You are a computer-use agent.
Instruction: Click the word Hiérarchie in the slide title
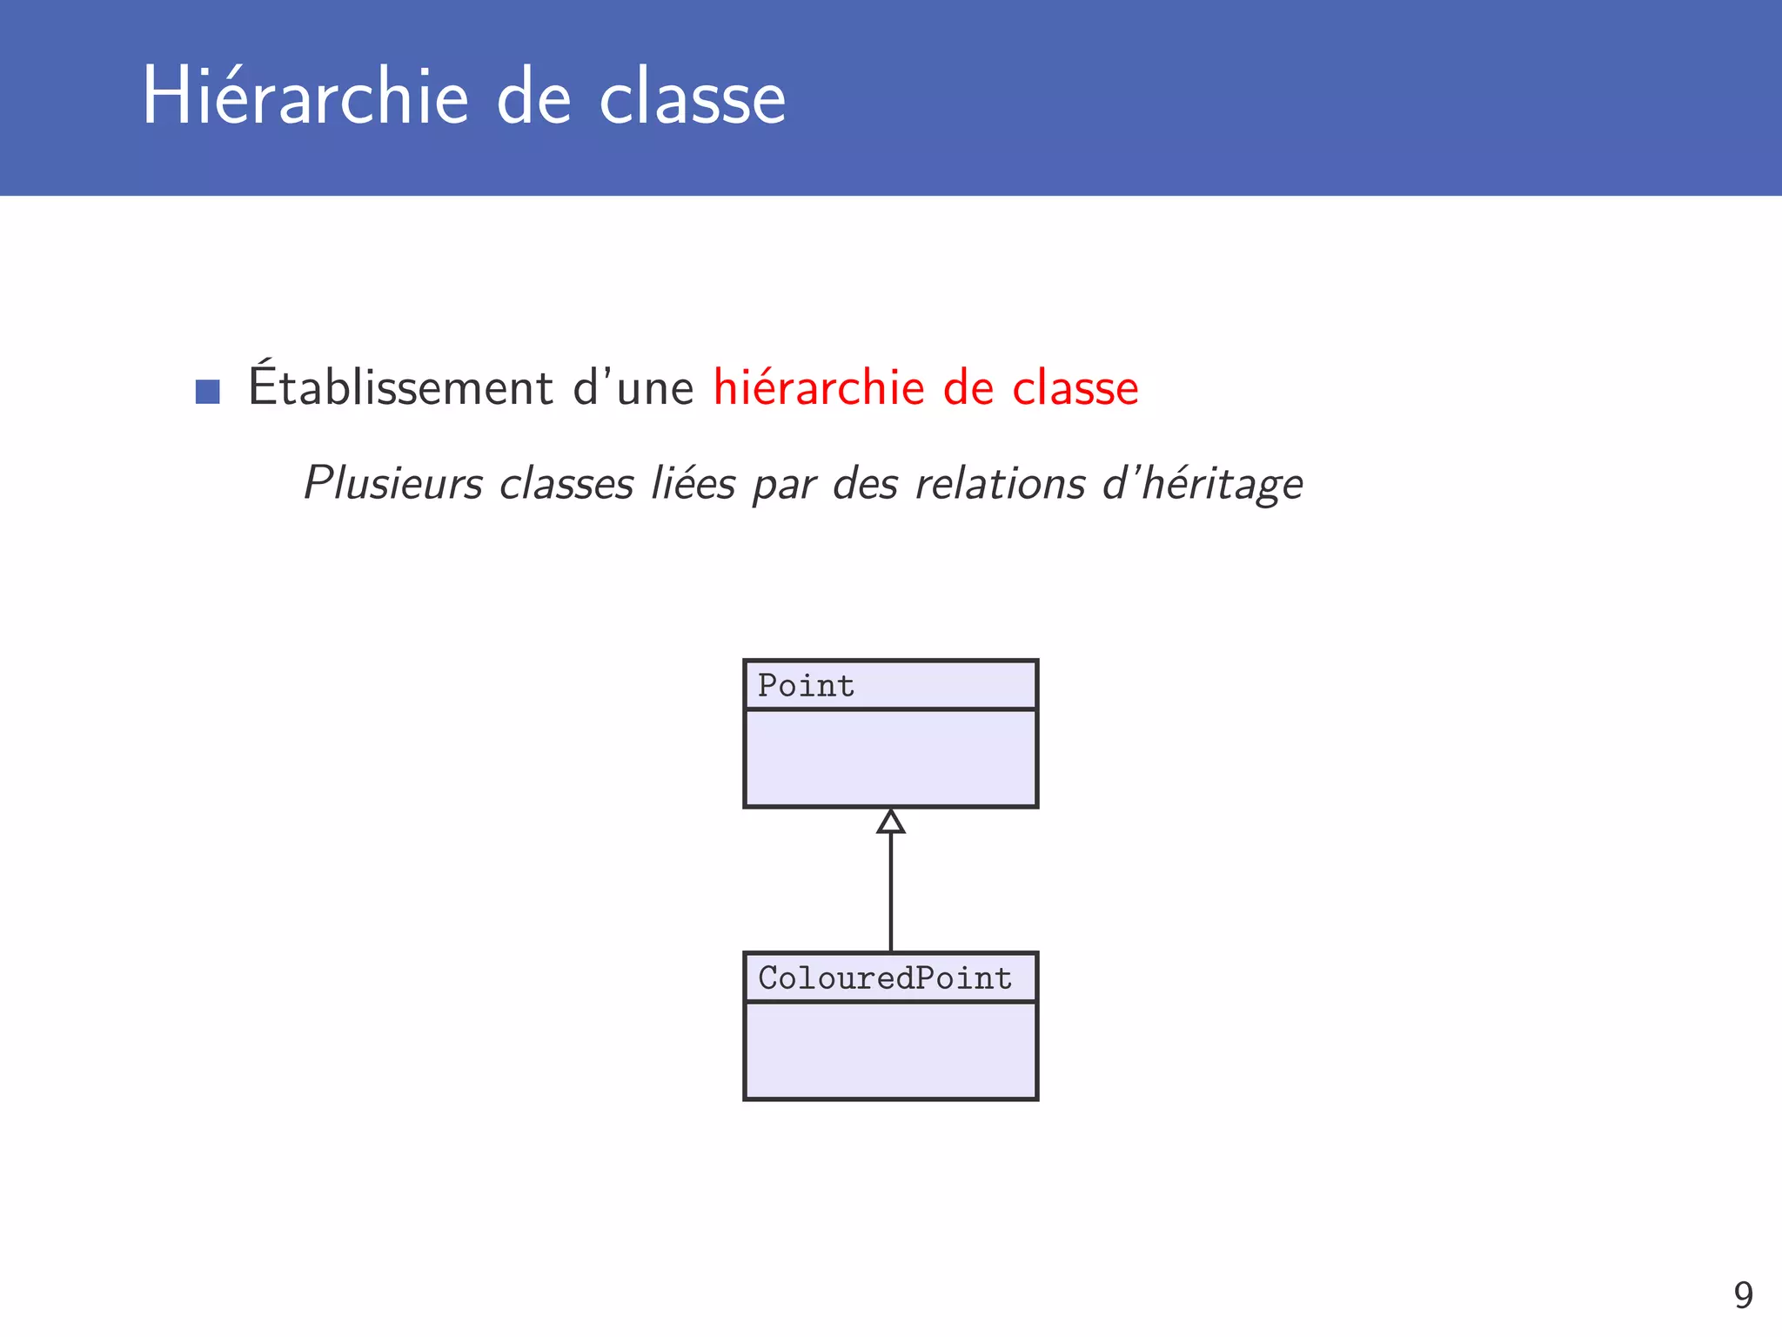pyautogui.click(x=305, y=97)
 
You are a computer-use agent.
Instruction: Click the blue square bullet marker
pyautogui.click(x=207, y=391)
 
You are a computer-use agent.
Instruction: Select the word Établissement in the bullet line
pyautogui.click(x=401, y=388)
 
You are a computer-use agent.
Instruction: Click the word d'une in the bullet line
pyautogui.click(x=633, y=388)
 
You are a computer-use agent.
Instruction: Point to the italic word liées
pyautogui.click(x=694, y=483)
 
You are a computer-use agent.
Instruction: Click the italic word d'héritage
pyautogui.click(x=1203, y=485)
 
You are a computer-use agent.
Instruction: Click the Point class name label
pyautogui.click(x=807, y=686)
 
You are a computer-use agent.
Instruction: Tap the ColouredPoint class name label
pyautogui.click(x=885, y=978)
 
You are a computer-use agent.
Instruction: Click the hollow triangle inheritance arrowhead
pyautogui.click(x=890, y=822)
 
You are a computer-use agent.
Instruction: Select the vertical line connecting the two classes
pyautogui.click(x=890, y=892)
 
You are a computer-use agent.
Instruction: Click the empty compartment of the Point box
pyautogui.click(x=890, y=758)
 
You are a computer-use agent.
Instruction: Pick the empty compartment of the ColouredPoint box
pyautogui.click(x=890, y=1051)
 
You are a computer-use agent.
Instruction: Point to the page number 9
pyautogui.click(x=1743, y=1295)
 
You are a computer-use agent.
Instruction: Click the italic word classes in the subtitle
pyautogui.click(x=566, y=483)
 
